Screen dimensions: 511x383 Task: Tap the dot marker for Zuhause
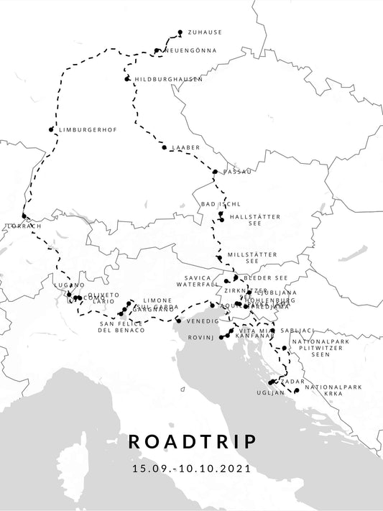(x=180, y=32)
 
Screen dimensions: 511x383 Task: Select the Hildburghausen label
(x=168, y=78)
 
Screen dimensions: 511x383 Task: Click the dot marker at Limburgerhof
(x=51, y=130)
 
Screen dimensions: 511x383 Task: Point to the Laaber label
(x=185, y=147)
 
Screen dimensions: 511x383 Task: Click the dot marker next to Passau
(x=215, y=172)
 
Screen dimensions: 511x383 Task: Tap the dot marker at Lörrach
(x=24, y=216)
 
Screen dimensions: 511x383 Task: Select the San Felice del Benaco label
(x=121, y=327)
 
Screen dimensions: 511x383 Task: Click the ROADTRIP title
(x=191, y=441)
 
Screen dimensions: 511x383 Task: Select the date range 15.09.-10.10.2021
(x=191, y=469)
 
